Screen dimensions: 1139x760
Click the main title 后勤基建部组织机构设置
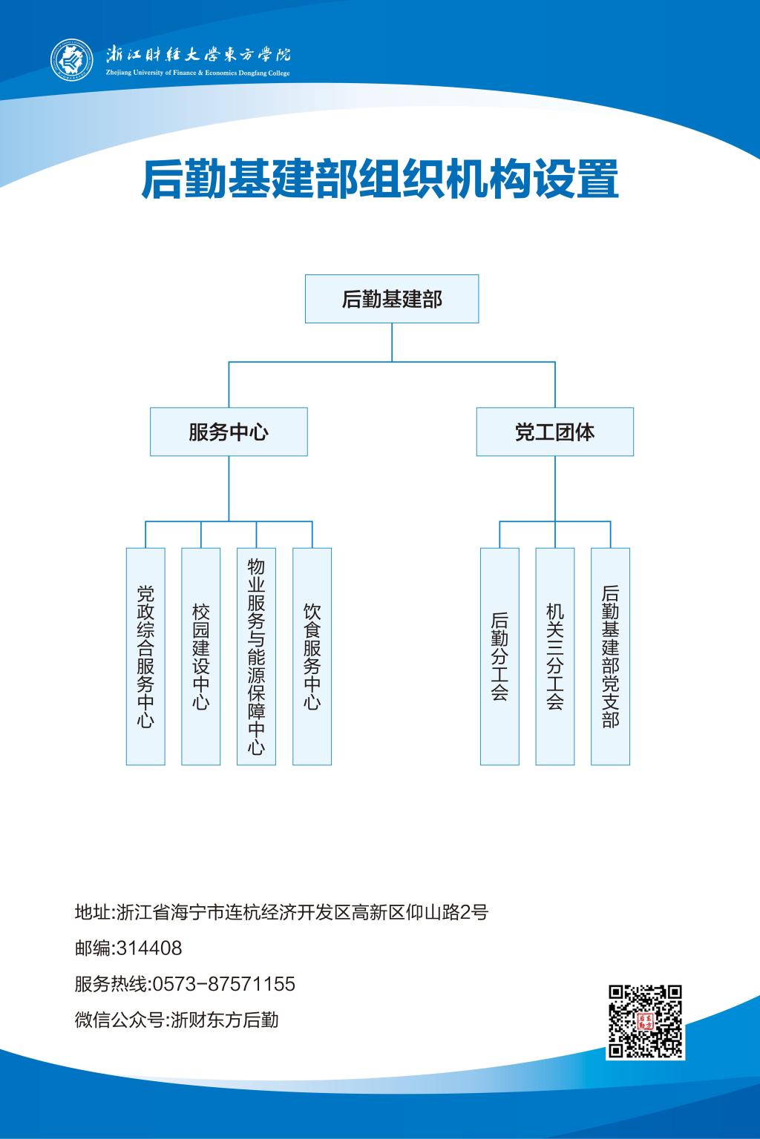pos(380,180)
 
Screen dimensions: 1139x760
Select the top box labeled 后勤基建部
pos(392,299)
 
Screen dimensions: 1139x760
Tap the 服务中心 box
pos(229,432)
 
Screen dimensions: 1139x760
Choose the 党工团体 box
pos(554,432)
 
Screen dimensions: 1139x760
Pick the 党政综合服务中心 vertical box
pos(145,656)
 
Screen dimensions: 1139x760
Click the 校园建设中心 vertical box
pos(201,656)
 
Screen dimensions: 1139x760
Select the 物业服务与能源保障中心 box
pos(256,656)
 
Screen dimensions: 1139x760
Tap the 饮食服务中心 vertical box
pos(312,656)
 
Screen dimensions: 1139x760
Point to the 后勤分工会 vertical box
pos(499,656)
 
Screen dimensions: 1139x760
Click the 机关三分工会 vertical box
pos(555,656)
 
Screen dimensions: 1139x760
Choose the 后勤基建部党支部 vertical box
pos(610,656)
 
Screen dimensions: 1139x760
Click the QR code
pos(644,1021)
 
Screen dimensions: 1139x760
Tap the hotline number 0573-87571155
pos(223,984)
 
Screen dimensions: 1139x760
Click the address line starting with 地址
pos(282,912)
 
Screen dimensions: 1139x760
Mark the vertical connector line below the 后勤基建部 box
pos(392,342)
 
